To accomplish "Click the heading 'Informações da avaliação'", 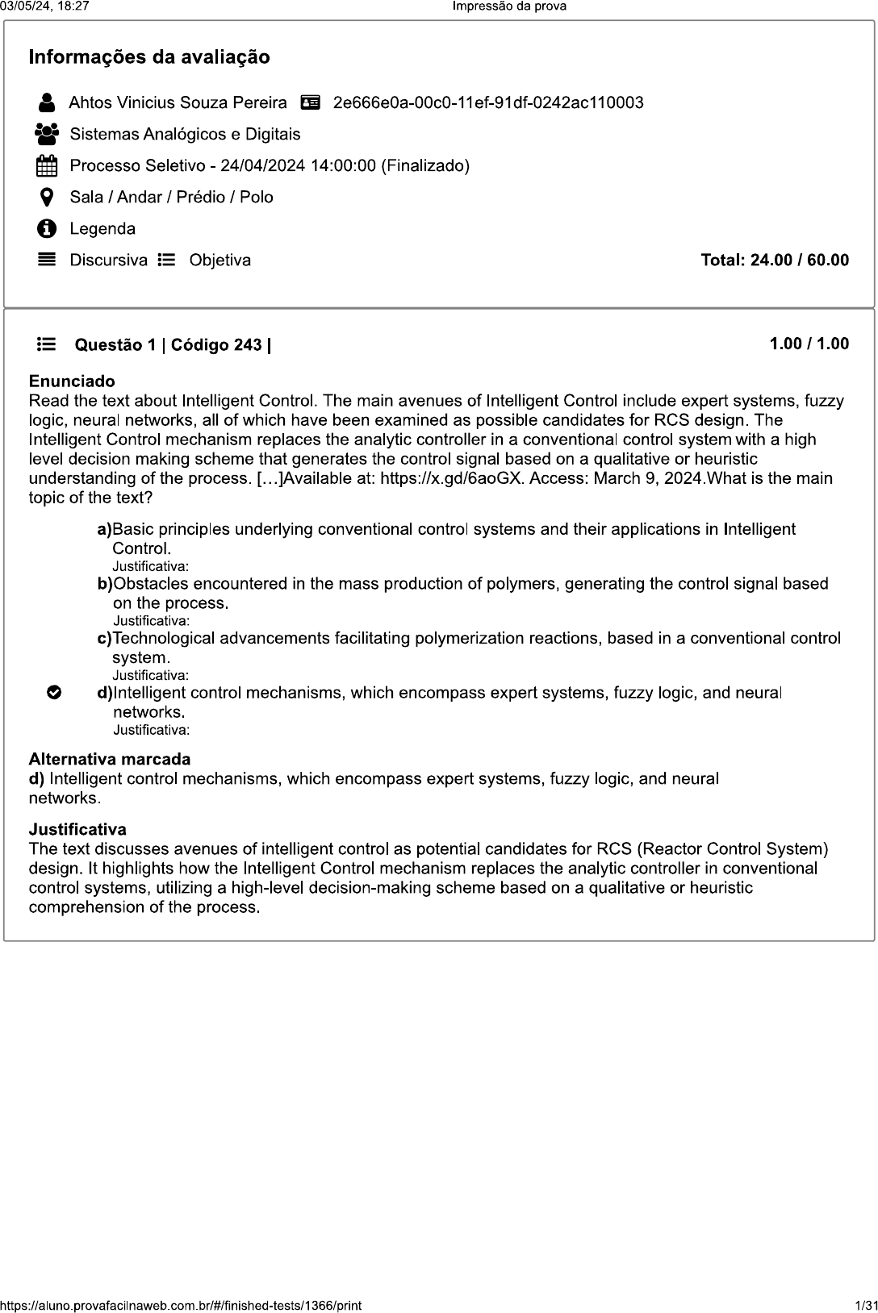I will pyautogui.click(x=149, y=57).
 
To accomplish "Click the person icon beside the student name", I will pyautogui.click(x=47, y=102).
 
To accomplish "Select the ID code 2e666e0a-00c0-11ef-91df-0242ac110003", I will pyautogui.click(x=488, y=102).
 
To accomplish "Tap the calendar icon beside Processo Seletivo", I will pyautogui.click(x=47, y=166).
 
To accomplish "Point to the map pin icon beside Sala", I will pyautogui.click(x=47, y=197).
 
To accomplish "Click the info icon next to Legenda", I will pyautogui.click(x=47, y=229).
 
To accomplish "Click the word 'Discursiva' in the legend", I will pyautogui.click(x=109, y=261).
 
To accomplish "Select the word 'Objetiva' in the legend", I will pyautogui.click(x=220, y=261).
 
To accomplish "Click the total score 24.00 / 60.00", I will pyautogui.click(x=775, y=260).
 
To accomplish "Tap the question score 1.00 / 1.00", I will pyautogui.click(x=809, y=344).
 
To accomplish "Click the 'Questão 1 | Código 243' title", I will pyautogui.click(x=173, y=345).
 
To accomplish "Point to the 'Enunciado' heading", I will pyautogui.click(x=72, y=381).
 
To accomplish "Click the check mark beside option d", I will pyautogui.click(x=53, y=693).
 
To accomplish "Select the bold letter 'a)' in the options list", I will pyautogui.click(x=104, y=529).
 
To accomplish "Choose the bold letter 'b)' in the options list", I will pyautogui.click(x=105, y=583).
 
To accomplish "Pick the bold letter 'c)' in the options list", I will pyautogui.click(x=104, y=638).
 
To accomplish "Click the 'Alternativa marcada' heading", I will pyautogui.click(x=110, y=759).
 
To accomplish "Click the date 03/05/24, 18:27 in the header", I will pyautogui.click(x=44, y=6).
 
